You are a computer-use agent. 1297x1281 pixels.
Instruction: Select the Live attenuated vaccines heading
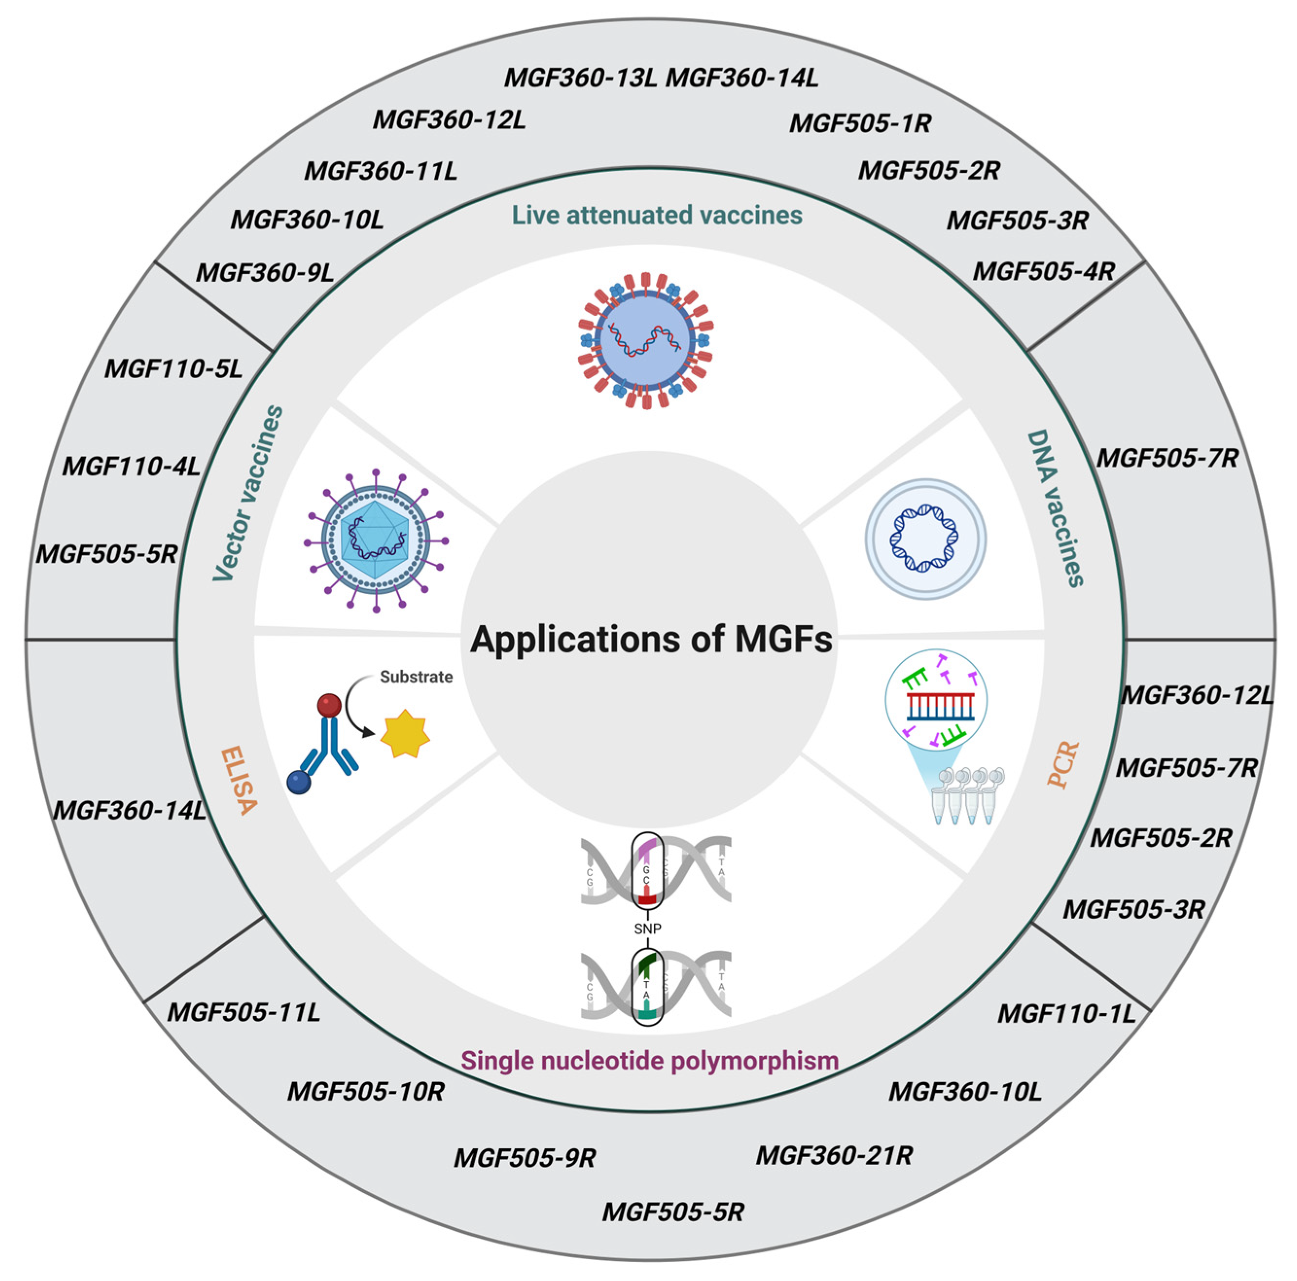(x=657, y=215)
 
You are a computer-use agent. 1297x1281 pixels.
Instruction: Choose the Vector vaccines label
(x=248, y=493)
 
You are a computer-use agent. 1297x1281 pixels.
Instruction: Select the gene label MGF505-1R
(x=860, y=123)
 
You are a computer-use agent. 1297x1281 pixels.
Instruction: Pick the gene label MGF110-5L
(x=173, y=369)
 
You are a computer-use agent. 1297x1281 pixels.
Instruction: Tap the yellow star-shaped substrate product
(x=405, y=734)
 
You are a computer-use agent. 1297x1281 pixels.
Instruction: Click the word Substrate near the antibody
(x=416, y=677)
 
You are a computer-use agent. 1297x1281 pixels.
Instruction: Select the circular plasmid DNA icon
(x=925, y=539)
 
